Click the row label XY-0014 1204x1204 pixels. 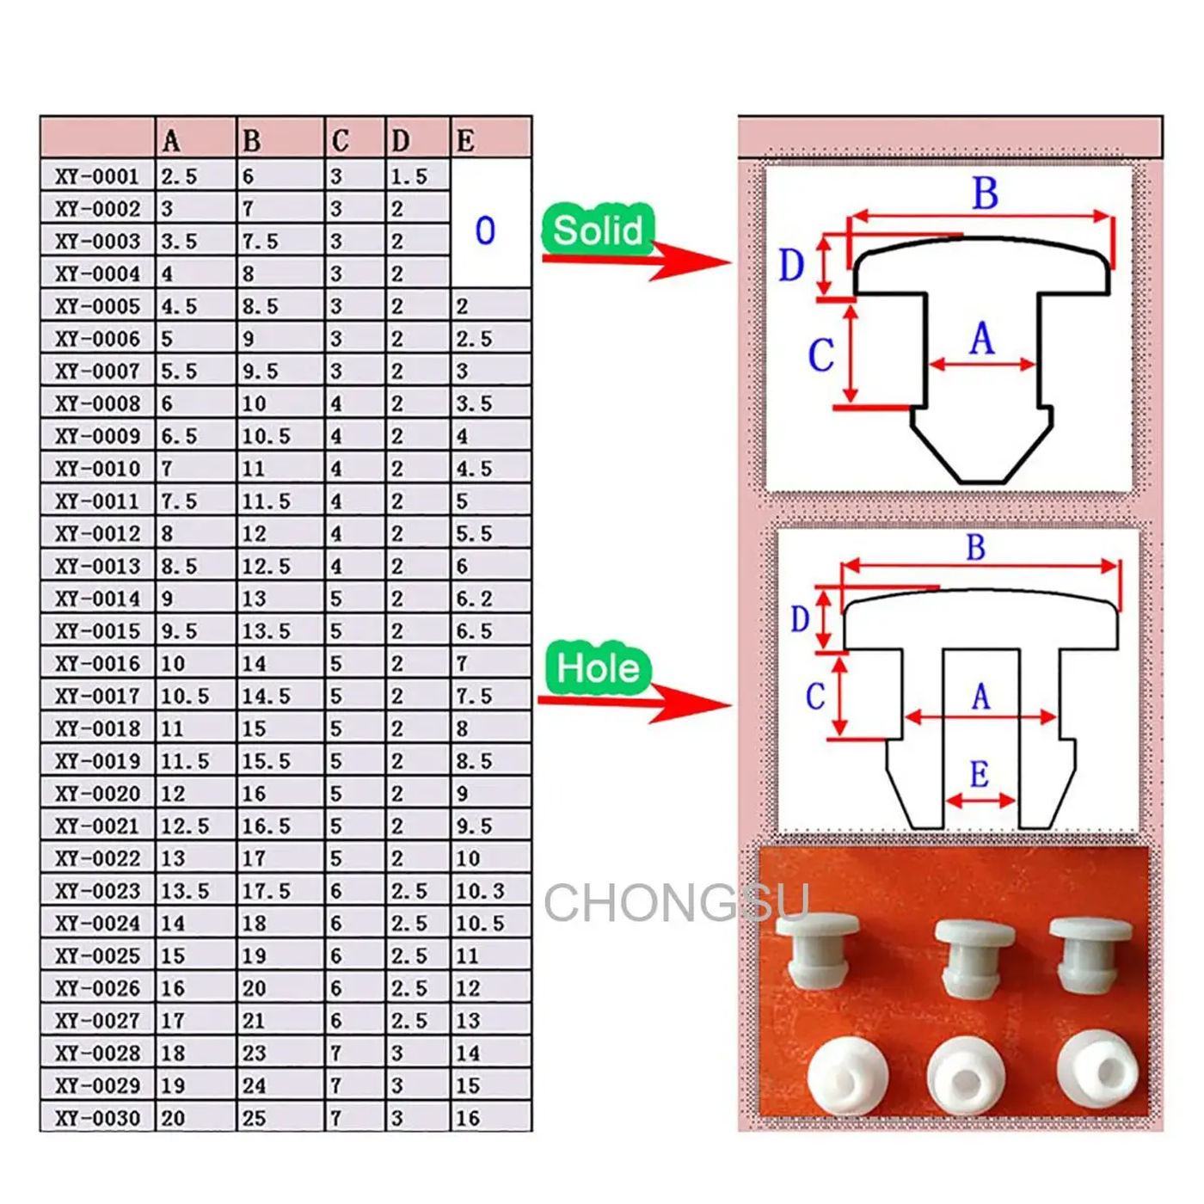(x=97, y=599)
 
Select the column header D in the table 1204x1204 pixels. (x=400, y=140)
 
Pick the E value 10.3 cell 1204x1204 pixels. (x=480, y=891)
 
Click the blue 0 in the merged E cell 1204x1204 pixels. (x=485, y=230)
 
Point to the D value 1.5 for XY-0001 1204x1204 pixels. (x=408, y=176)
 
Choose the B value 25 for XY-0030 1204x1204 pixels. (x=254, y=1118)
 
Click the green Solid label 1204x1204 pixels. (x=598, y=230)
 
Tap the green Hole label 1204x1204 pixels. (x=598, y=668)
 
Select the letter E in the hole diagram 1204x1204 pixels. (x=979, y=774)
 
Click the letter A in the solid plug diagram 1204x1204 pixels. (x=981, y=338)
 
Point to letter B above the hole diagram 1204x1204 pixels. (x=975, y=548)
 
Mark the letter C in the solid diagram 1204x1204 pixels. (x=820, y=354)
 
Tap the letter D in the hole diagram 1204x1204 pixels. (x=800, y=618)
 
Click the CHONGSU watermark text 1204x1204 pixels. (x=676, y=903)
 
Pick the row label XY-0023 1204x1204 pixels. (x=97, y=891)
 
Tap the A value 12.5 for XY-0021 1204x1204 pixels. (x=185, y=826)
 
